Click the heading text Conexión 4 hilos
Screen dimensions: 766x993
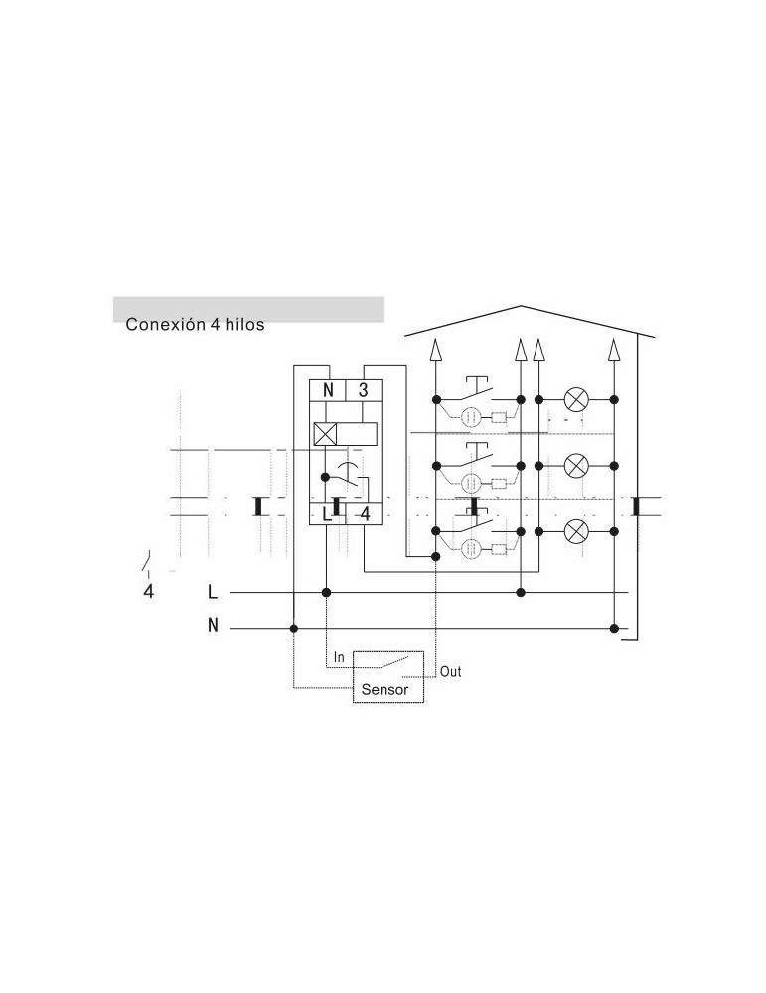pyautogui.click(x=195, y=325)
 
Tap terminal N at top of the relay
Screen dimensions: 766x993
pyautogui.click(x=328, y=390)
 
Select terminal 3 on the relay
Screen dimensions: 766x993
pyautogui.click(x=363, y=390)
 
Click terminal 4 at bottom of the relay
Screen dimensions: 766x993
pyautogui.click(x=365, y=514)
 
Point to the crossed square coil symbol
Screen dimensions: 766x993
pyautogui.click(x=325, y=435)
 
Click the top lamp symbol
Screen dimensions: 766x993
pyautogui.click(x=576, y=399)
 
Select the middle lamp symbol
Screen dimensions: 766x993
pyautogui.click(x=576, y=466)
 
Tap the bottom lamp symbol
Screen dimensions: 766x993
pyautogui.click(x=576, y=531)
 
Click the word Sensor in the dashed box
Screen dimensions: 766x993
pyautogui.click(x=384, y=690)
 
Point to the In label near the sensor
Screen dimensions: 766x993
pyautogui.click(x=339, y=658)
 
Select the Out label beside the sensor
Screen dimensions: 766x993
pyautogui.click(x=450, y=672)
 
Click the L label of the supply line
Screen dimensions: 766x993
pyautogui.click(x=213, y=592)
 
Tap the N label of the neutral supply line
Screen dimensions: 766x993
pyautogui.click(x=213, y=625)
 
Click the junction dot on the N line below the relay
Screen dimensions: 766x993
pyautogui.click(x=293, y=629)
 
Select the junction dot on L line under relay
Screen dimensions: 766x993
pyautogui.click(x=326, y=592)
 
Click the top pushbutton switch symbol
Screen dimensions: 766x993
pyautogui.click(x=478, y=391)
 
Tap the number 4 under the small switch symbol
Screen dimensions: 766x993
pyautogui.click(x=148, y=592)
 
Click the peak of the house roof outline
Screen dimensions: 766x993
pyautogui.click(x=521, y=306)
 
